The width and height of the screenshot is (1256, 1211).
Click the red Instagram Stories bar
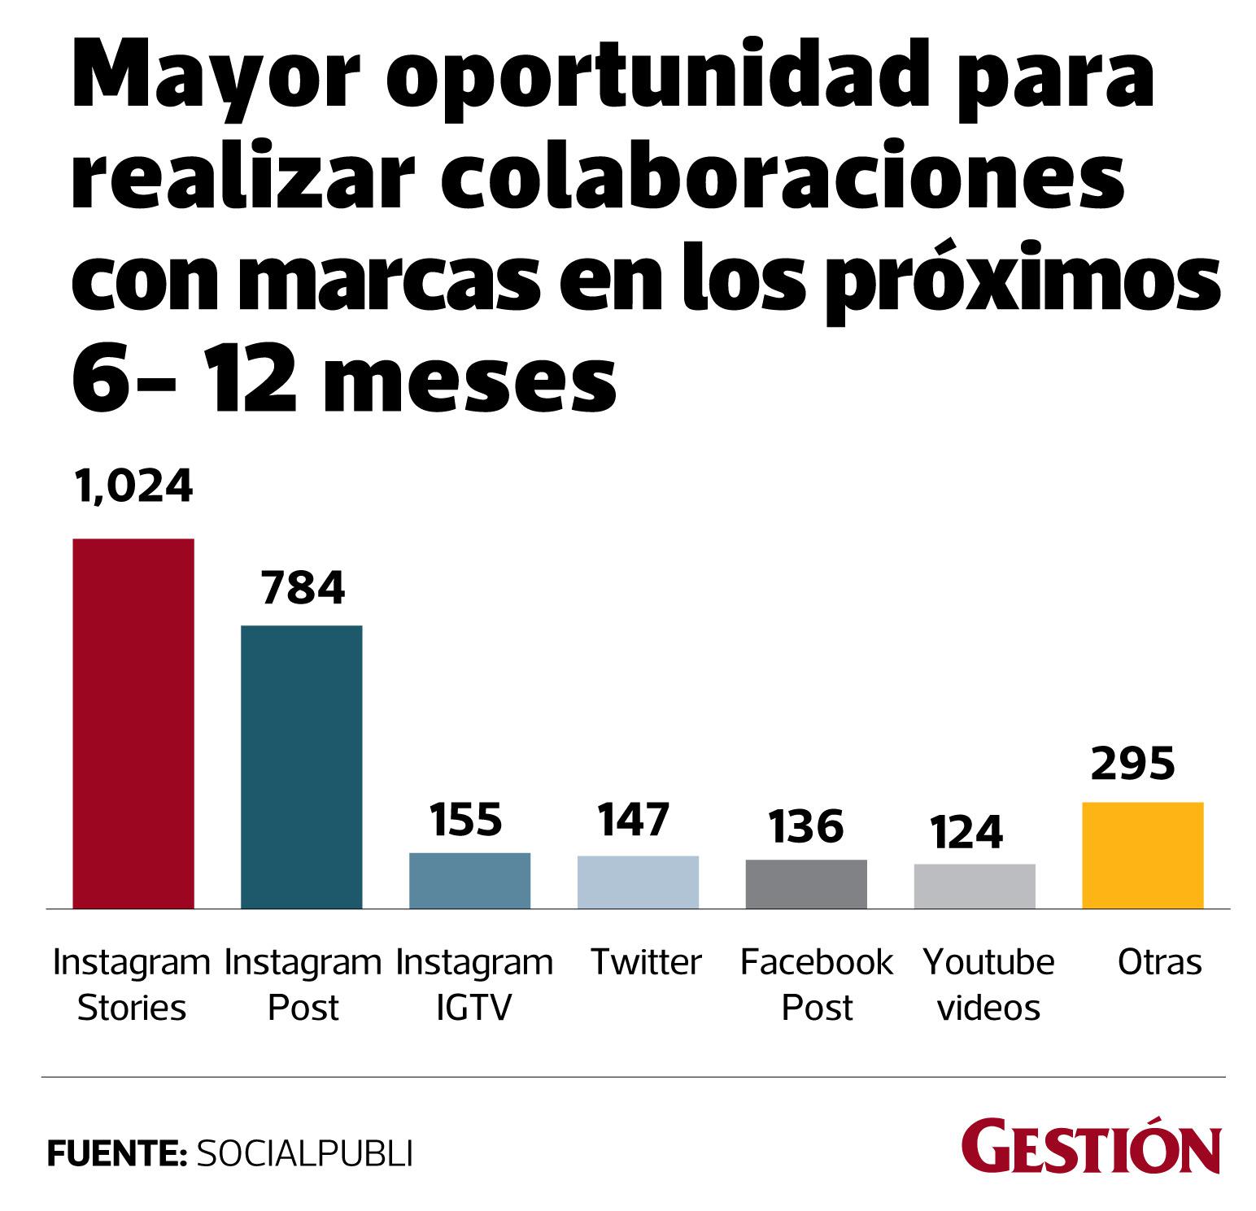pyautogui.click(x=133, y=723)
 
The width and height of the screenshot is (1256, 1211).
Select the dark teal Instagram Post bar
pyautogui.click(x=302, y=766)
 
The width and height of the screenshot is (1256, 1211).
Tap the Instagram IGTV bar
pyautogui.click(x=469, y=880)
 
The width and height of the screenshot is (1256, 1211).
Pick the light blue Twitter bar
pyautogui.click(x=638, y=882)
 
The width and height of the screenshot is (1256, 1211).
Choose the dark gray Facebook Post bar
pyautogui.click(x=806, y=883)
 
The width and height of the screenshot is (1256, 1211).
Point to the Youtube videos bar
pyautogui.click(x=975, y=886)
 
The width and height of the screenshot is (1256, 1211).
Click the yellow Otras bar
pyautogui.click(x=1142, y=855)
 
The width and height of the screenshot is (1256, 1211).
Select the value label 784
pyautogui.click(x=303, y=588)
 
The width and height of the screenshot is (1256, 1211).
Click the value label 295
pyautogui.click(x=1133, y=764)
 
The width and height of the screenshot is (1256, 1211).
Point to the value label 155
pyautogui.click(x=466, y=820)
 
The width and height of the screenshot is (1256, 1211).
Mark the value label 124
pyautogui.click(x=966, y=831)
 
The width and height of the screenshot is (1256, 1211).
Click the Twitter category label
pyautogui.click(x=646, y=963)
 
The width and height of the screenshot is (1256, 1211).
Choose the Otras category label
pyautogui.click(x=1159, y=963)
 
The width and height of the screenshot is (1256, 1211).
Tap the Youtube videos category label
pyautogui.click(x=988, y=985)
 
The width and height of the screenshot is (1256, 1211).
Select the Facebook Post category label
pyautogui.click(x=817, y=985)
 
